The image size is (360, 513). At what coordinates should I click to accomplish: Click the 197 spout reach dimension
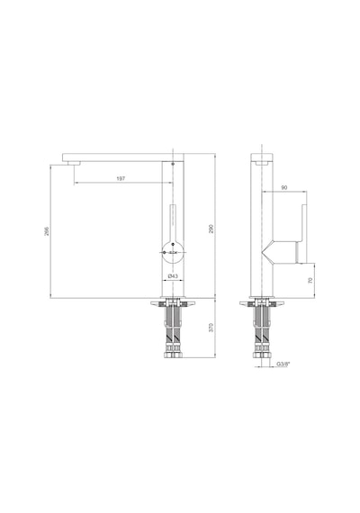[x=121, y=178]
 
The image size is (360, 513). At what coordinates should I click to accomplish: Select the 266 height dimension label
[x=47, y=231]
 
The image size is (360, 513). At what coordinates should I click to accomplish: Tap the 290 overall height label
[x=211, y=229]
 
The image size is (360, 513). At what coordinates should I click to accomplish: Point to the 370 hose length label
[x=211, y=328]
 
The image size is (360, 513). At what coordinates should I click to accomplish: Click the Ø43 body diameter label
[x=173, y=276]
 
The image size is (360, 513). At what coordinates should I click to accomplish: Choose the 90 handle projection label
[x=284, y=187]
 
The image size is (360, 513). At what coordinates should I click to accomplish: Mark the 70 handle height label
[x=310, y=280]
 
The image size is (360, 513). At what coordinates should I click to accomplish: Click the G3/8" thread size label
[x=283, y=364]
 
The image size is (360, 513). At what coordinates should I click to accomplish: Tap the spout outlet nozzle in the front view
[x=74, y=164]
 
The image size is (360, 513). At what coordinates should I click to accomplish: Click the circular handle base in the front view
[x=173, y=252]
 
